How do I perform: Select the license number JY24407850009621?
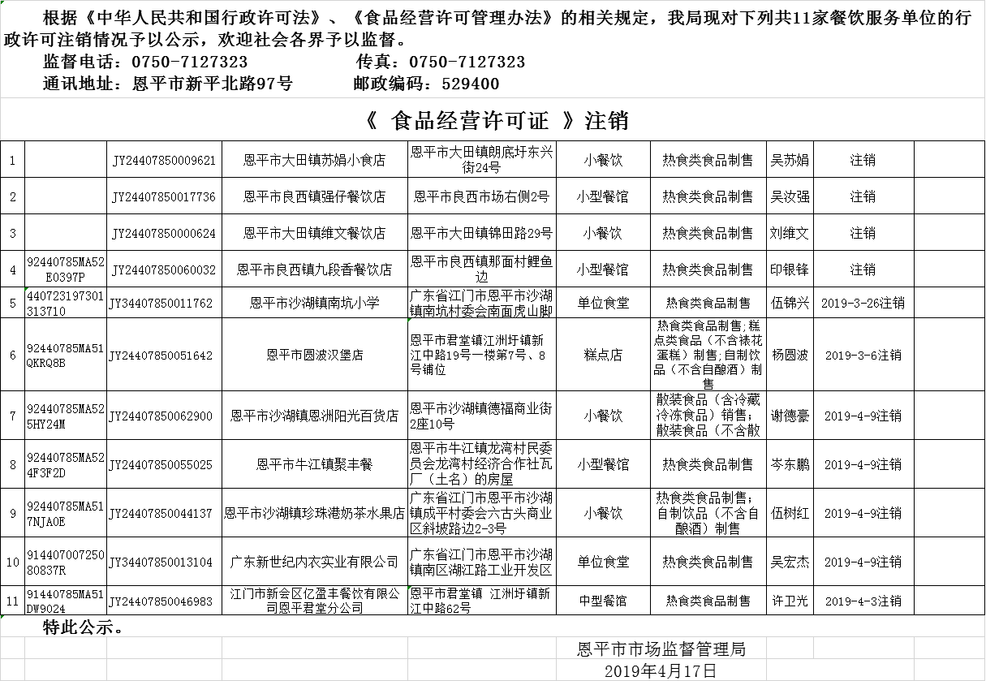[x=164, y=161]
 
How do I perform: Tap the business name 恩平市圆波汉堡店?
[x=315, y=356]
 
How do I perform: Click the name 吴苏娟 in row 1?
[x=790, y=161]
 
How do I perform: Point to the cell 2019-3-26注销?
[x=863, y=304]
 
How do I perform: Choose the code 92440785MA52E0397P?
[x=66, y=269]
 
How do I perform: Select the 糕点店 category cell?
[x=603, y=356]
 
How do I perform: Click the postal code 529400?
[x=471, y=84]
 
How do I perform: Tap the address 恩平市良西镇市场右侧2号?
[x=481, y=196]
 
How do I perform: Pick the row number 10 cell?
[x=13, y=562]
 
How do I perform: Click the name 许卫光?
[x=790, y=601]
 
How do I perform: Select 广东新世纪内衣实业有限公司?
[x=315, y=562]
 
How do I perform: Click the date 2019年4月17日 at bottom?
[x=661, y=671]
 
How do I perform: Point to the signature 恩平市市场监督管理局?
[x=661, y=649]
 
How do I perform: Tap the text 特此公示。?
[x=84, y=627]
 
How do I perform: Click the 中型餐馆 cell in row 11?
[x=603, y=601]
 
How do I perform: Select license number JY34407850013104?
[x=164, y=562]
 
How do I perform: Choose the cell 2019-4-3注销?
[x=863, y=601]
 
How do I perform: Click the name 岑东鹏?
[x=790, y=465]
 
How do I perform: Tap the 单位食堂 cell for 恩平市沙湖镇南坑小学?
[x=603, y=304]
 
